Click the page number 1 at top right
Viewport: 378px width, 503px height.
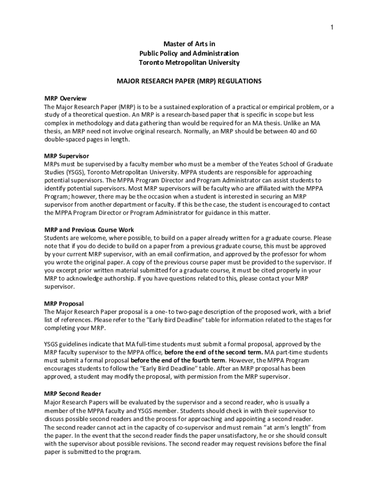tap(332, 28)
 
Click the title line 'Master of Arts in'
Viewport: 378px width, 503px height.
tap(189, 44)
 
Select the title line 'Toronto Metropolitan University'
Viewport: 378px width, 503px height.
tap(189, 62)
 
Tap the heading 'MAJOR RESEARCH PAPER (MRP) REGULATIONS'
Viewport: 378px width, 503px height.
tap(189, 81)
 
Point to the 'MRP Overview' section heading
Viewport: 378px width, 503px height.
tap(65, 98)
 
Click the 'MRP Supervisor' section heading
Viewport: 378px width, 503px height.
tap(67, 156)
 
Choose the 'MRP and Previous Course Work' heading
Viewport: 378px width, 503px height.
tap(89, 229)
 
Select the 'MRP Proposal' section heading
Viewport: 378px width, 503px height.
tap(64, 304)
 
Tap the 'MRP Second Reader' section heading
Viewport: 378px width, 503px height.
tap(73, 393)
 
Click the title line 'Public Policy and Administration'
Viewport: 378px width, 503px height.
tap(189, 53)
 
